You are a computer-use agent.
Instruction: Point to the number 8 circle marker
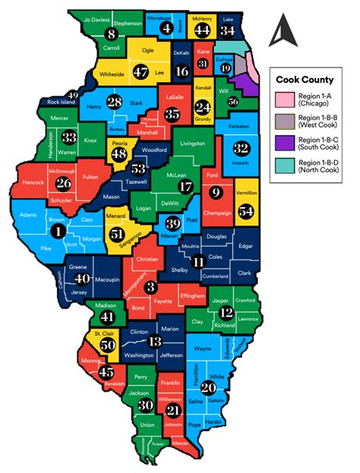click(112, 33)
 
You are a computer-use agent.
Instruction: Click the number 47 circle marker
click(141, 71)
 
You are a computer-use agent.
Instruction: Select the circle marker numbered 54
click(245, 213)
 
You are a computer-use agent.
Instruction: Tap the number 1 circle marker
click(56, 229)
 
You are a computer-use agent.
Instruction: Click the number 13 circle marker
click(154, 342)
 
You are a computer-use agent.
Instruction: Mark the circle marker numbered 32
click(242, 148)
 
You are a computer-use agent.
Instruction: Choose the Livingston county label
click(197, 143)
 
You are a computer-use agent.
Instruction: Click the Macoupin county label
click(111, 282)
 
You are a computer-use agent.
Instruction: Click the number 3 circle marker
click(150, 286)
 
